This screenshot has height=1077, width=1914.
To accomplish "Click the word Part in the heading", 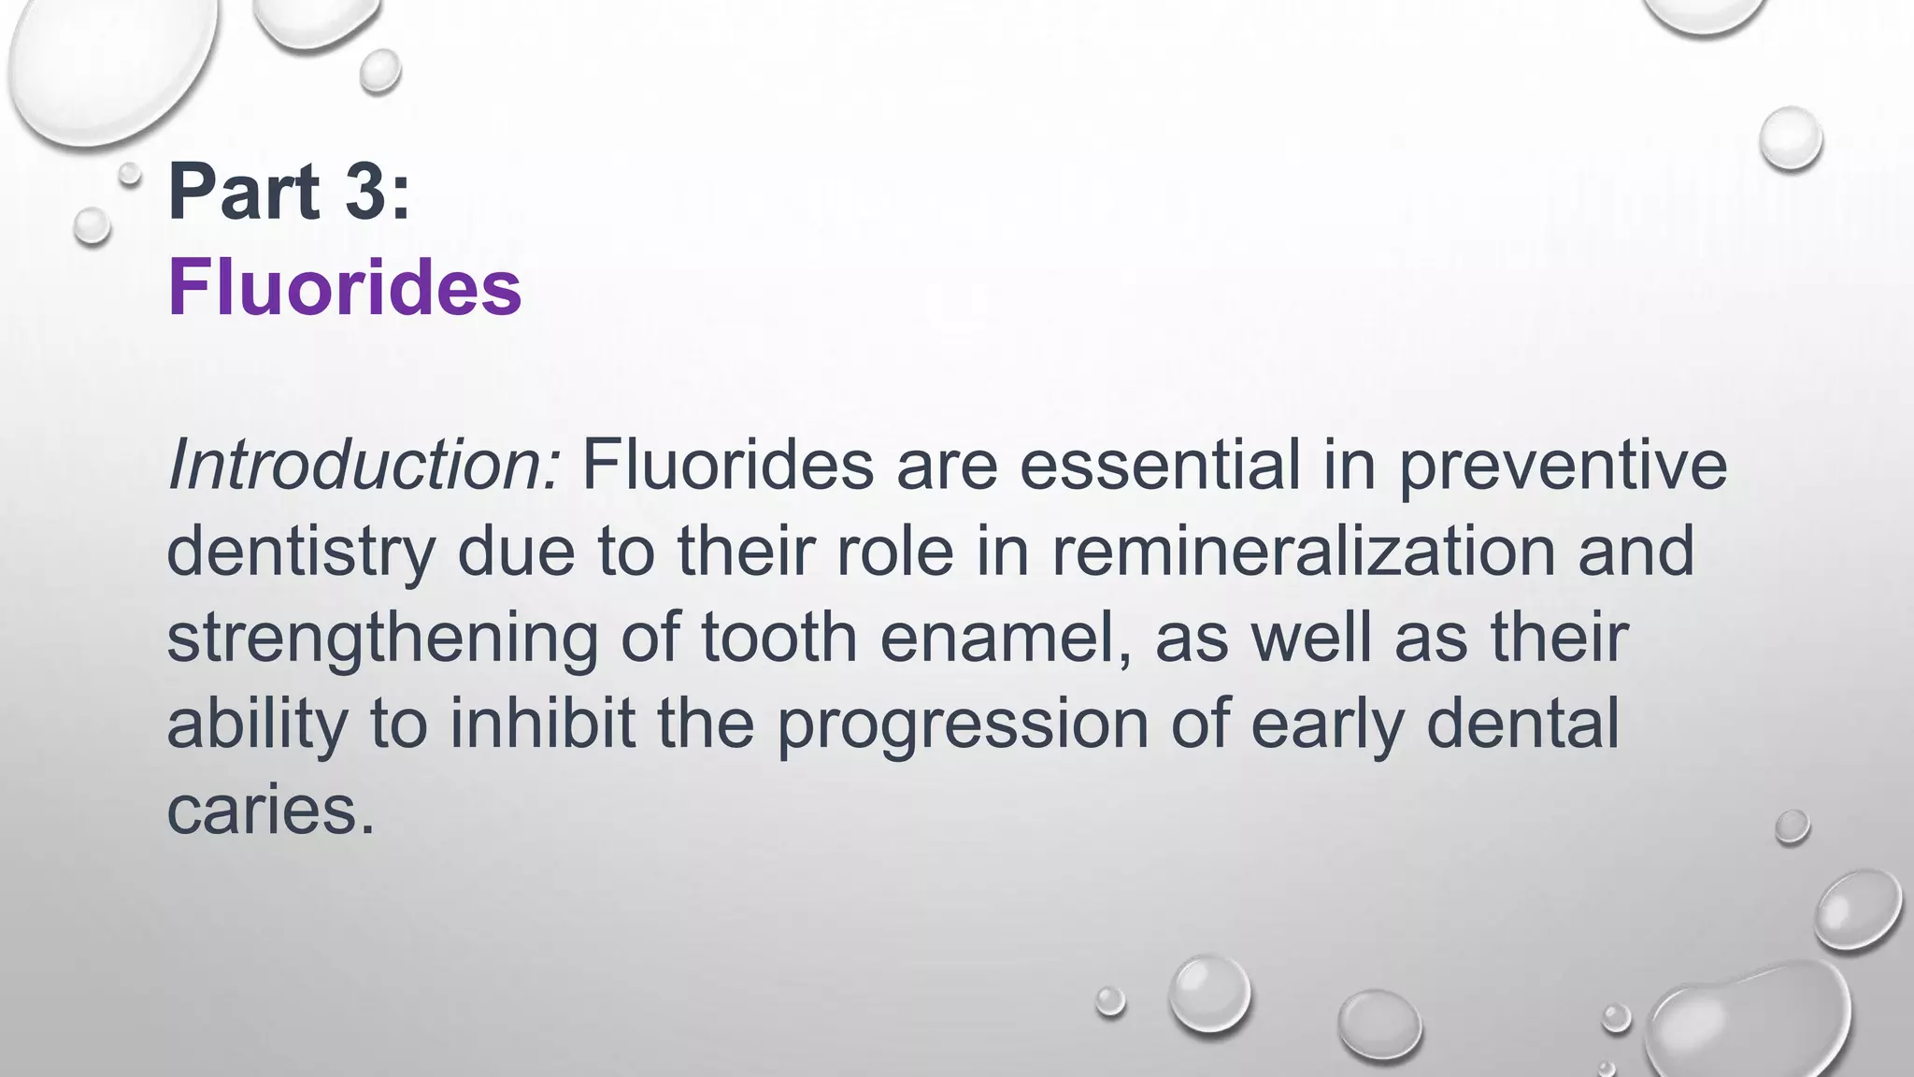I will (x=244, y=192).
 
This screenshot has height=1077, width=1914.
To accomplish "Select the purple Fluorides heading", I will (x=344, y=287).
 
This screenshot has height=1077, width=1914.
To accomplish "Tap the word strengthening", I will (x=382, y=639).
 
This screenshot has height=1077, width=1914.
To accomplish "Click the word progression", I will (x=963, y=726).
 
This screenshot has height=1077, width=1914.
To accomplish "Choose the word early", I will (x=1327, y=726).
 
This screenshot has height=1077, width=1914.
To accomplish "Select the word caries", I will (x=270, y=809).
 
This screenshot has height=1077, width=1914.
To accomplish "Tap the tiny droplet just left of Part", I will (x=130, y=173).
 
